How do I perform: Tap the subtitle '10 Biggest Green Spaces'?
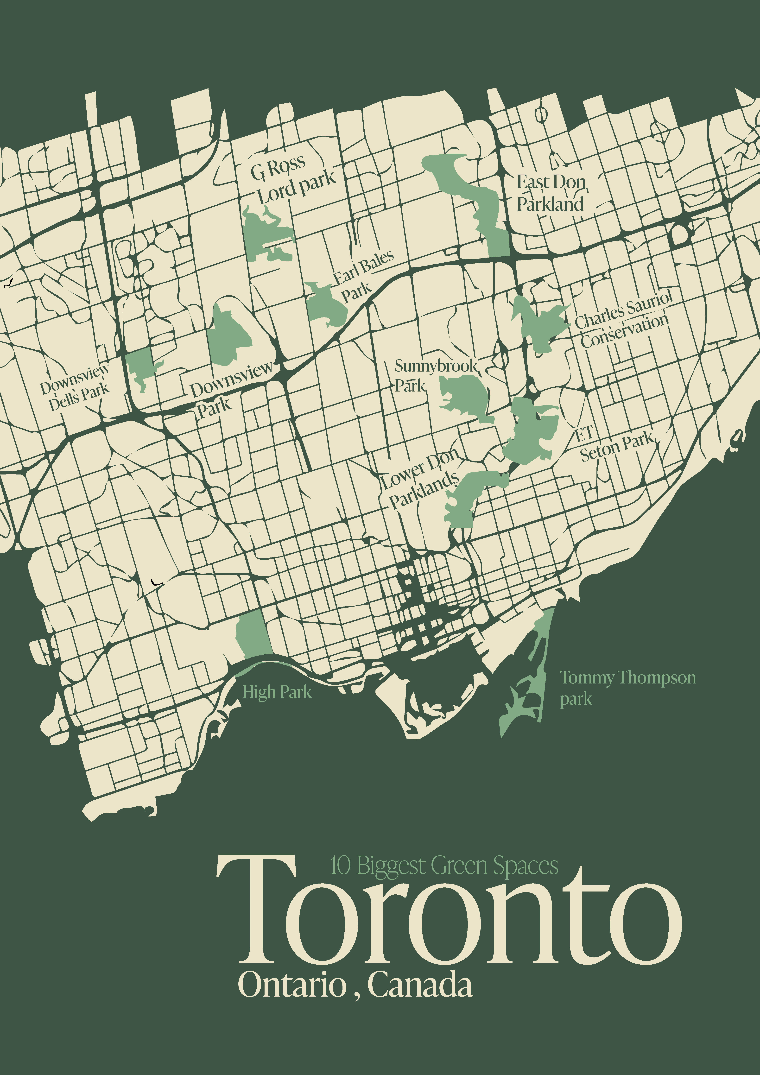pyautogui.click(x=444, y=865)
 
